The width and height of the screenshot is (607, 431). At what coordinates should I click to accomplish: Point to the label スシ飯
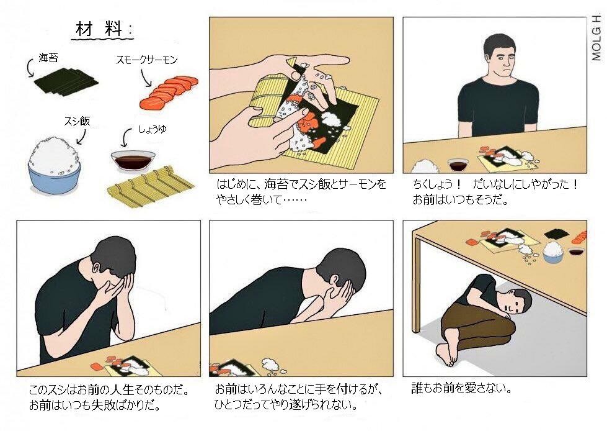(77, 121)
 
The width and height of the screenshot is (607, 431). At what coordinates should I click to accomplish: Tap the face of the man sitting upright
(501, 60)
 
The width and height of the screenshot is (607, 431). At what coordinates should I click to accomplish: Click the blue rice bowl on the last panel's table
(552, 252)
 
